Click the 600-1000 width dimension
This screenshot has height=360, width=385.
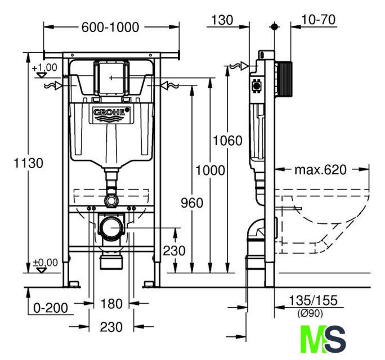[110, 27]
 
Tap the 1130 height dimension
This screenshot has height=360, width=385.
[29, 163]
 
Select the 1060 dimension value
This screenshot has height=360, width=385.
[227, 141]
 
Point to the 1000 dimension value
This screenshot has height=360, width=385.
[210, 170]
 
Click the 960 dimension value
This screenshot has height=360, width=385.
[192, 203]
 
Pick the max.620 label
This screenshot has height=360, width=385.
[321, 169]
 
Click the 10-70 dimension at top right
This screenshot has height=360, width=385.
[318, 20]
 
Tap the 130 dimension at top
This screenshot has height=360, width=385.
[222, 20]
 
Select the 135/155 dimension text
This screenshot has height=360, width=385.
[313, 300]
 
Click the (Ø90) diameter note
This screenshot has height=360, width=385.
[310, 313]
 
